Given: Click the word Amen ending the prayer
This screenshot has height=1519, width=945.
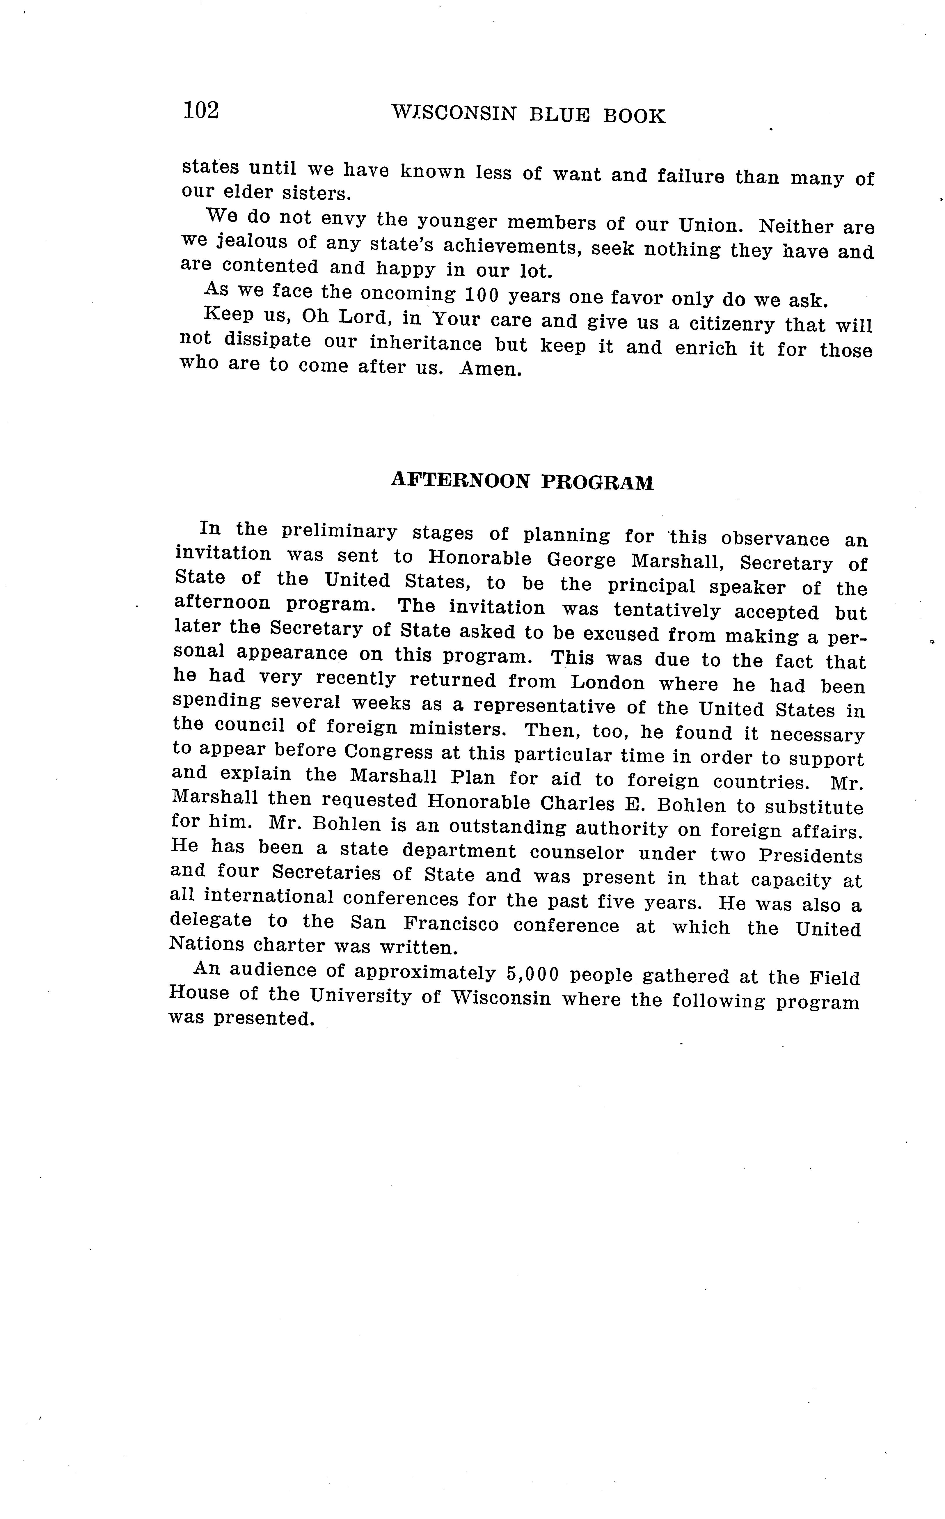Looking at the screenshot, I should [490, 369].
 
